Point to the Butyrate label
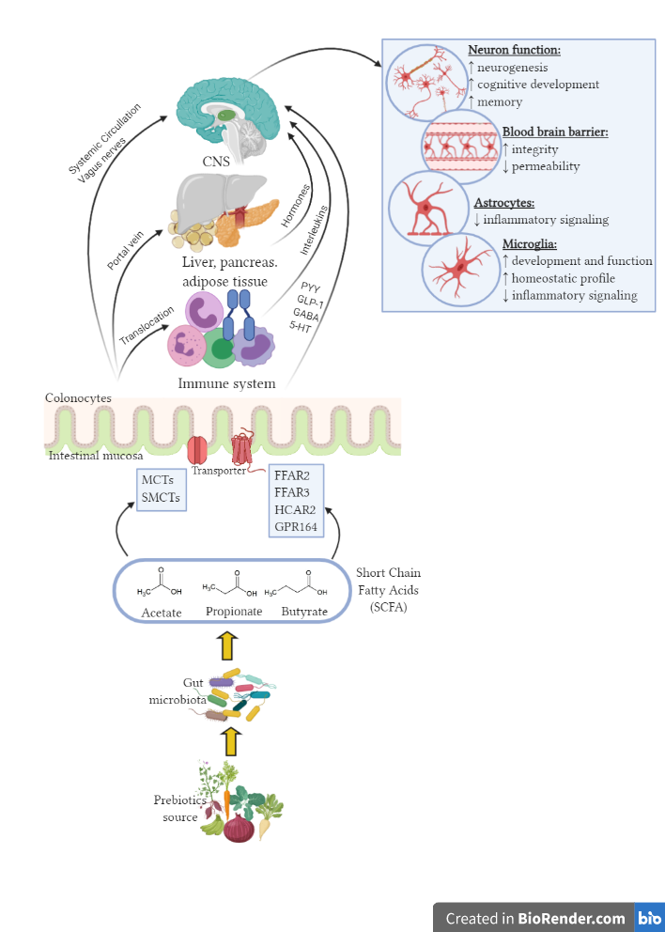[x=305, y=613]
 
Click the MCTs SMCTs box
[x=162, y=489]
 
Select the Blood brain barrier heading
[x=554, y=132]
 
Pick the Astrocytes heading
[x=503, y=202]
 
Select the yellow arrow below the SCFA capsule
[x=224, y=648]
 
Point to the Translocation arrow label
[x=147, y=324]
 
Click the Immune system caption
[x=226, y=383]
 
